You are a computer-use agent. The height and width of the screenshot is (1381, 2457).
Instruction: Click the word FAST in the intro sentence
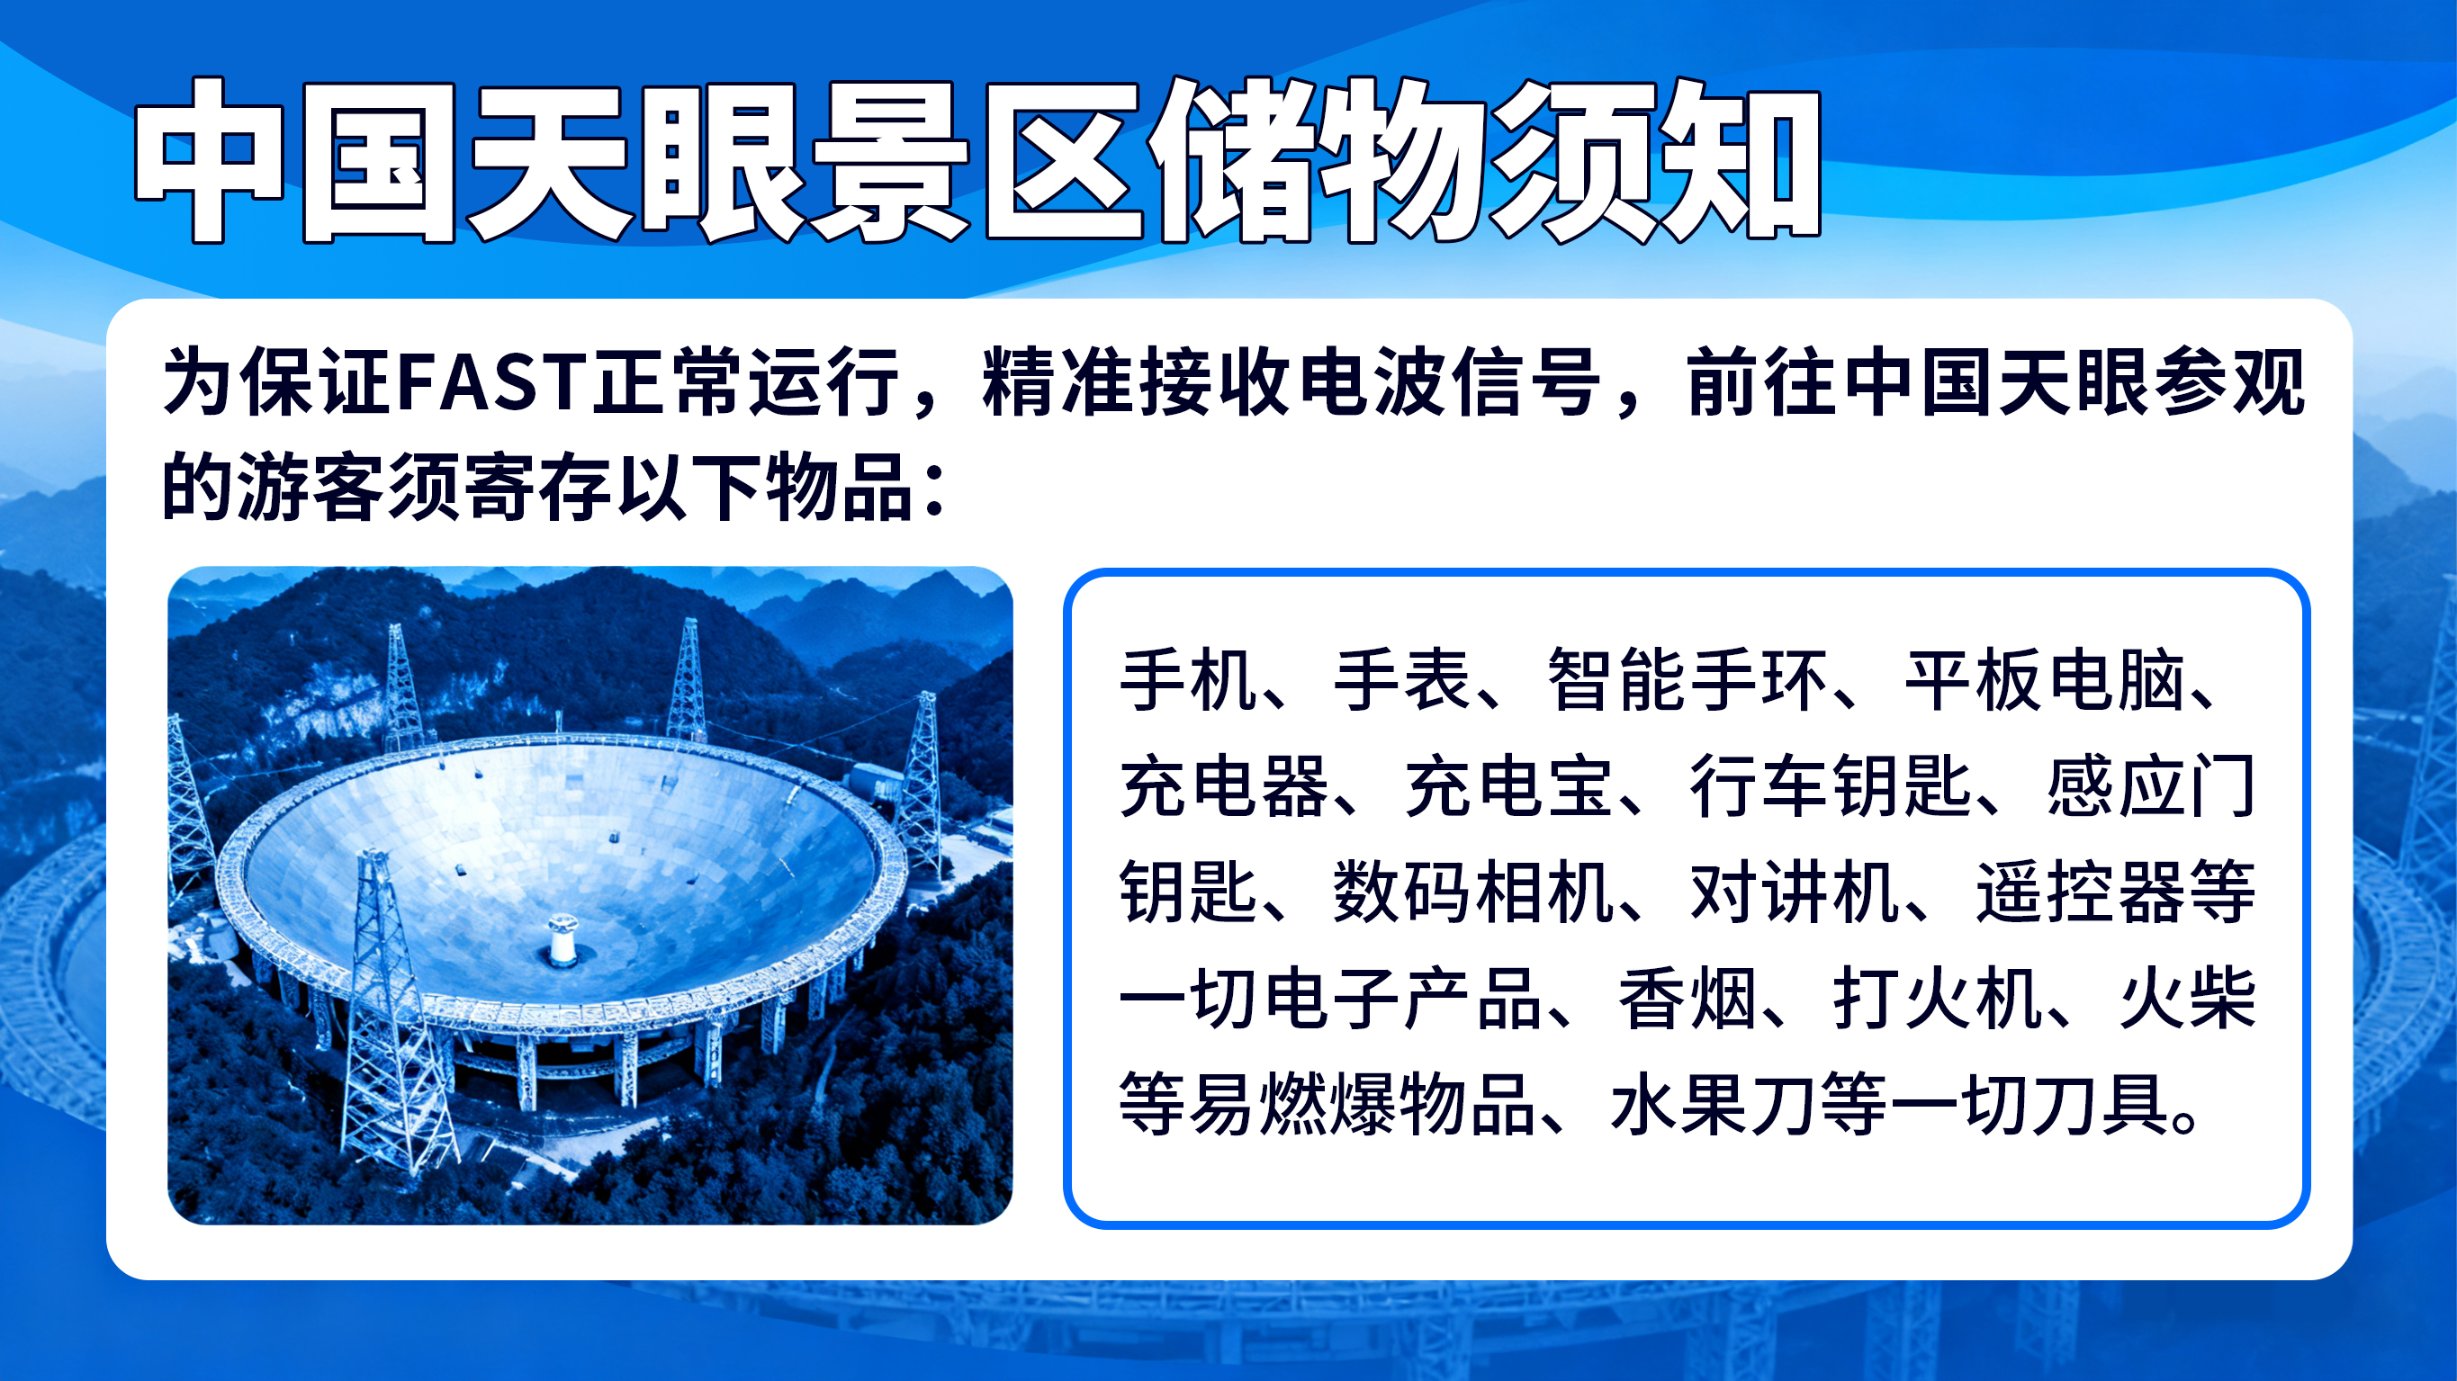coord(492,382)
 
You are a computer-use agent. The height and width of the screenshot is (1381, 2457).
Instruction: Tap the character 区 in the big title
coord(1065,160)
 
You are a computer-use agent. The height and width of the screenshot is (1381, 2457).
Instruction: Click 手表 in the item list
coord(1402,680)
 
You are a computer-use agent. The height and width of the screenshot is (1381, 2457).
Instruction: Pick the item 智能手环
coord(1687,680)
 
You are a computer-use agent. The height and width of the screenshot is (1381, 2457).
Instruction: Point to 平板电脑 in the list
coord(2045,680)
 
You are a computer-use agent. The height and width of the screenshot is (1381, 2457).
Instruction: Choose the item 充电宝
coord(1508,787)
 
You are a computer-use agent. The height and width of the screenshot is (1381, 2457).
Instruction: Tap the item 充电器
coord(1225,787)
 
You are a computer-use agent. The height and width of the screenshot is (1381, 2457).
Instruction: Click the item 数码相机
coord(1472,892)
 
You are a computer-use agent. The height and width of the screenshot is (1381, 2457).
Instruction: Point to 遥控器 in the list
coord(2080,892)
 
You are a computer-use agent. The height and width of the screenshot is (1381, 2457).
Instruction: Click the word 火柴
coord(2188,1000)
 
